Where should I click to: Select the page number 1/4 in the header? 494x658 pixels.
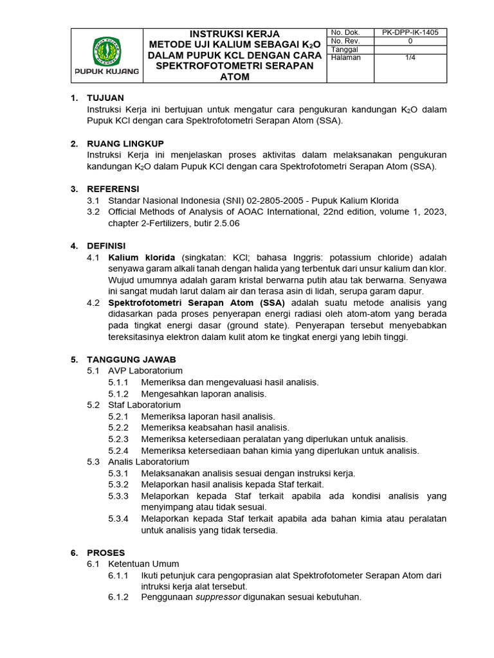(410, 57)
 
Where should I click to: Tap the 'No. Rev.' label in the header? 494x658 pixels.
(345, 40)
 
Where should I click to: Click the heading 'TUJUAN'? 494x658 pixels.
(105, 98)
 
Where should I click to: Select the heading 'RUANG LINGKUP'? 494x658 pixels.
(125, 143)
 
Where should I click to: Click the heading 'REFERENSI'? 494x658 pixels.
(113, 189)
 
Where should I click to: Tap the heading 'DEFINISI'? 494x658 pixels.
(107, 245)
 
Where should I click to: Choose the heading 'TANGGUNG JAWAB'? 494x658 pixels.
(131, 359)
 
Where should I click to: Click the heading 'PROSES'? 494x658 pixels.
(106, 553)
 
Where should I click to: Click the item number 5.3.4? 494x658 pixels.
(119, 519)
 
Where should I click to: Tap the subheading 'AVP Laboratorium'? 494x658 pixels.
(145, 371)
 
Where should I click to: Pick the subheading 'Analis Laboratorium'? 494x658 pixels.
(149, 461)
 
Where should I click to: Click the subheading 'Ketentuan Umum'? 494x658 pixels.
(143, 564)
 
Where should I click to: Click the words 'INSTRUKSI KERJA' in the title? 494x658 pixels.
(234, 33)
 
